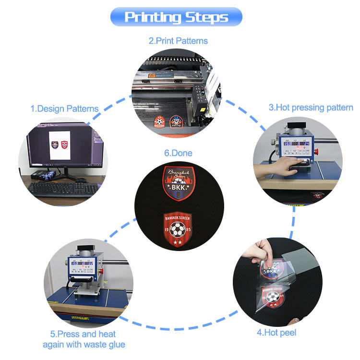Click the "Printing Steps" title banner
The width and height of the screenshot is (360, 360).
coord(176,17)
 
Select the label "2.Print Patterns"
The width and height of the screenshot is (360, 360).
coord(178,41)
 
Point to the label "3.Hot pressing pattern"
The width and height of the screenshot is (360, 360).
coord(311,108)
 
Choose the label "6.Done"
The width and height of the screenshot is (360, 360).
coord(178,153)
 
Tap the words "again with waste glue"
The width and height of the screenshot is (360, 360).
coord(84,344)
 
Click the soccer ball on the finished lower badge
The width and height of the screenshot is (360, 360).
coord(178,231)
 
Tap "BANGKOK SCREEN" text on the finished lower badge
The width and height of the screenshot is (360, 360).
coord(178,218)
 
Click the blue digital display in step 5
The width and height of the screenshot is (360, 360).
coord(83,263)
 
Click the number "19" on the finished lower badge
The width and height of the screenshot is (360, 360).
coord(167,231)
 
